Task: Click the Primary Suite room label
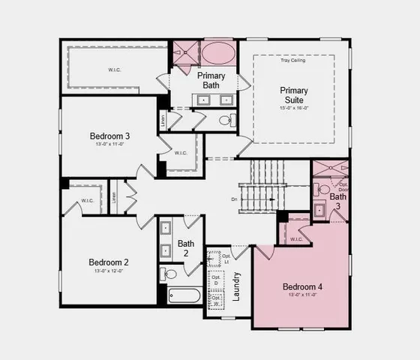click(294, 96)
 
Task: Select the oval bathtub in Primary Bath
click(218, 53)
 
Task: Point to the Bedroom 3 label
click(109, 136)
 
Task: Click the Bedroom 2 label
click(109, 262)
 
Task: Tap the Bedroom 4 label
click(302, 286)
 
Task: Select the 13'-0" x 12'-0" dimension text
click(109, 271)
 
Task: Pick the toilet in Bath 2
click(169, 274)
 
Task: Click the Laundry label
click(236, 285)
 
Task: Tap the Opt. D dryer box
click(216, 280)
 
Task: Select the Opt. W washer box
click(216, 300)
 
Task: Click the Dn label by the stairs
click(235, 199)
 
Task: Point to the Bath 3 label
click(338, 201)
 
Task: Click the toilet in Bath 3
click(324, 189)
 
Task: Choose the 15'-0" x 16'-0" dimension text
click(294, 107)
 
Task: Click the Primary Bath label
click(211, 80)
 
